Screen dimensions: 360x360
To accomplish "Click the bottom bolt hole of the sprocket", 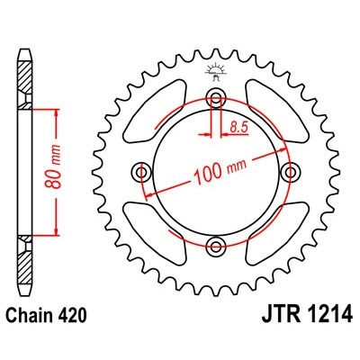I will click(x=215, y=246).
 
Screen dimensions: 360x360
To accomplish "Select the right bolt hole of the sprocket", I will click(x=290, y=171).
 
